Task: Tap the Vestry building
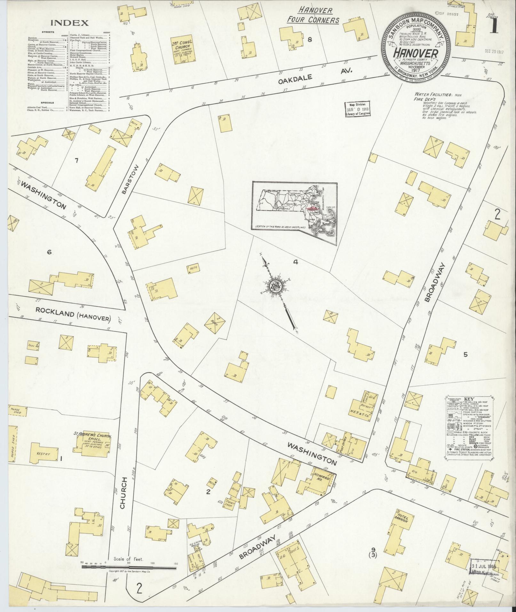click(x=43, y=454)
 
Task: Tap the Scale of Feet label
click(x=128, y=568)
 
